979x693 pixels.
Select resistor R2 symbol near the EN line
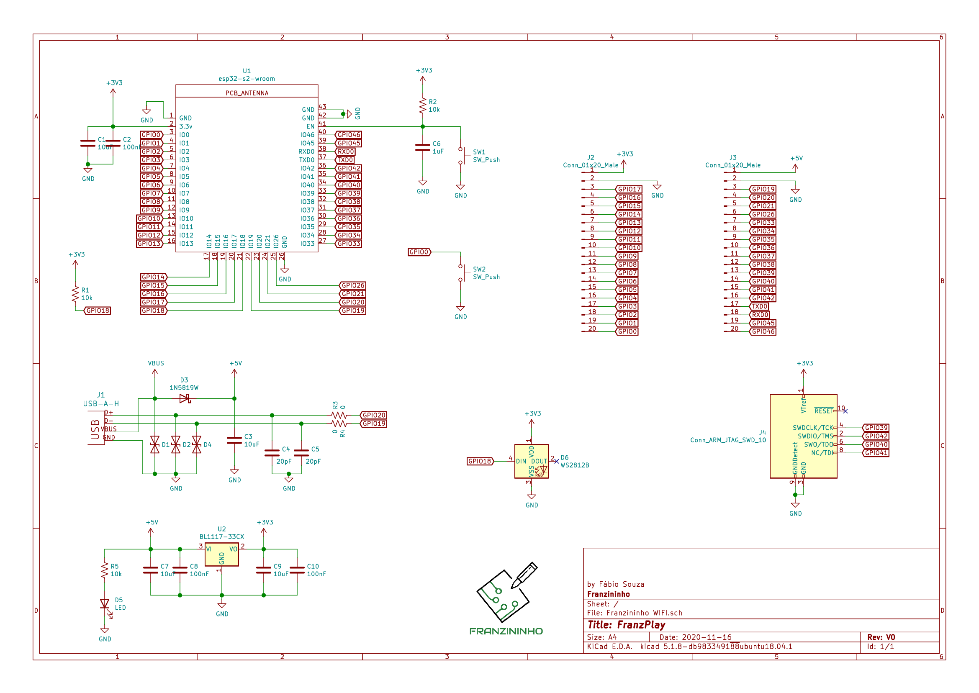coord(422,105)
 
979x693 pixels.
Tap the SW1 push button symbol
coord(460,156)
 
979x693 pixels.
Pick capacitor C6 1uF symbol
coord(422,147)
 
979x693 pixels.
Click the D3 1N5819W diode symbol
coord(184,398)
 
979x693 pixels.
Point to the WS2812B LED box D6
coord(531,461)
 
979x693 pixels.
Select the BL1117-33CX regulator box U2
coord(221,555)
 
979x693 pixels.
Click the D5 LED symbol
coord(105,604)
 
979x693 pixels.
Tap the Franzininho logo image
coord(506,599)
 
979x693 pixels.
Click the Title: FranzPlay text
coord(626,625)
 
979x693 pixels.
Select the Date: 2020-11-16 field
coord(695,637)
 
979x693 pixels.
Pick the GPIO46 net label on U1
coord(348,135)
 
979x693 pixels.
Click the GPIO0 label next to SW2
coord(419,252)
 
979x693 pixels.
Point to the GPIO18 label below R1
coord(98,311)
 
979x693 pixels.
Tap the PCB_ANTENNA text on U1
coord(247,93)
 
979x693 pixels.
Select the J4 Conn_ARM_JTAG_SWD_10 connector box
coord(803,436)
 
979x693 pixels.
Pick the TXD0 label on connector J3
coord(760,306)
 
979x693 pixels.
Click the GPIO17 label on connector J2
coord(629,190)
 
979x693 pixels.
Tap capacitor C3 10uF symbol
coord(234,440)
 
